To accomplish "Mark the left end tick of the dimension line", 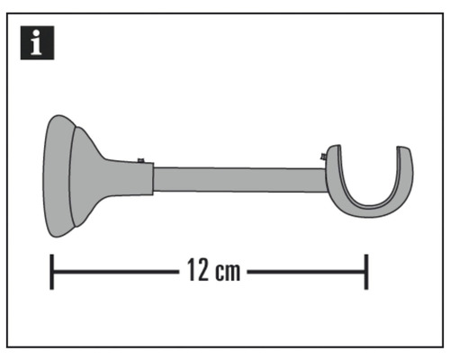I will click(x=52, y=271).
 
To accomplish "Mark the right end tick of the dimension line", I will click(x=365, y=271).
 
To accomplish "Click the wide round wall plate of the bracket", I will click(x=57, y=176).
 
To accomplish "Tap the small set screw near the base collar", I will click(x=141, y=161).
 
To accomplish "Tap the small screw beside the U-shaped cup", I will click(x=321, y=158).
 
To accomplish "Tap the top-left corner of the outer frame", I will click(x=7, y=14).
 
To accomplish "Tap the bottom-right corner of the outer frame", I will click(x=443, y=346).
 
